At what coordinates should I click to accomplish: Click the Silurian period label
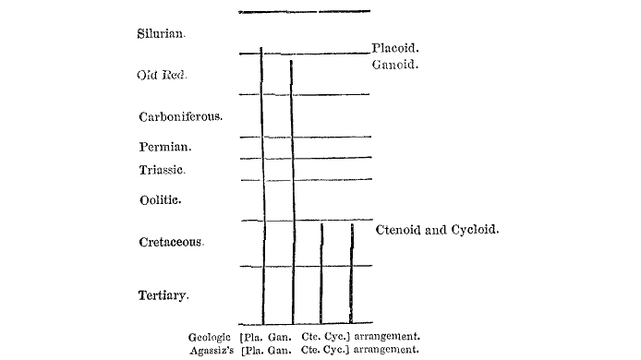click(x=162, y=32)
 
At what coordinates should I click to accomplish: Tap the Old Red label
click(x=161, y=75)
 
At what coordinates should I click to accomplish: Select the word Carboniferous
click(x=181, y=117)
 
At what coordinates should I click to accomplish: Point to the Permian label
click(x=165, y=147)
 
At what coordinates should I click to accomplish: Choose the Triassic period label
click(x=163, y=170)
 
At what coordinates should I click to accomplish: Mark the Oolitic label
click(x=160, y=199)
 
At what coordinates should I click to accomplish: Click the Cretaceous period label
click(x=171, y=242)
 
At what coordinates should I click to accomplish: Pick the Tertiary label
click(x=163, y=295)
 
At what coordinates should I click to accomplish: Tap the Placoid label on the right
click(x=396, y=48)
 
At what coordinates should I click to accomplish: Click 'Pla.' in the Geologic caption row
click(x=253, y=337)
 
